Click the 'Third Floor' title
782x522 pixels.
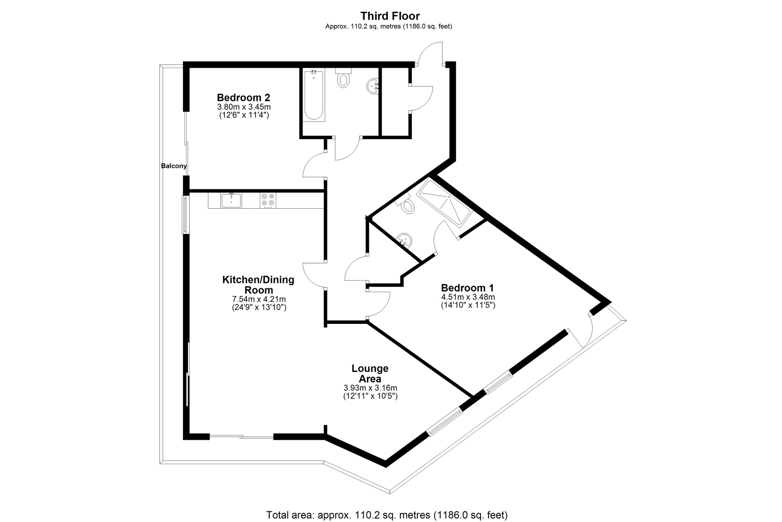tap(390, 16)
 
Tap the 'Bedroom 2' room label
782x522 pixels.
tap(244, 97)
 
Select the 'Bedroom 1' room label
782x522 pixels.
tap(467, 288)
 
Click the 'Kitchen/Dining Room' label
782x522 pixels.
tap(258, 285)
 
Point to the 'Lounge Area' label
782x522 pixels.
tap(370, 374)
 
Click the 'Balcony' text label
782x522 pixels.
tap(174, 166)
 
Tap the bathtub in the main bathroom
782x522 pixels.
tap(314, 96)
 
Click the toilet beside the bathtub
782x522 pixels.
tap(344, 78)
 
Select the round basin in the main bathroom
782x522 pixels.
tap(373, 86)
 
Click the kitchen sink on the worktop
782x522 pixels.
tap(231, 201)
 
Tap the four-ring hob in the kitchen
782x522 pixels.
tap(268, 200)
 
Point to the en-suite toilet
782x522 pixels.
tap(406, 205)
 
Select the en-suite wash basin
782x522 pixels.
tap(405, 240)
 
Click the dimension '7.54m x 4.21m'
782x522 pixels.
tap(259, 299)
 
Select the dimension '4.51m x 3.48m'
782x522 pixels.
tap(468, 297)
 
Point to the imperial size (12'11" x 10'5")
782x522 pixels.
tap(370, 396)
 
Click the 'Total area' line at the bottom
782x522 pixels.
tap(387, 515)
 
